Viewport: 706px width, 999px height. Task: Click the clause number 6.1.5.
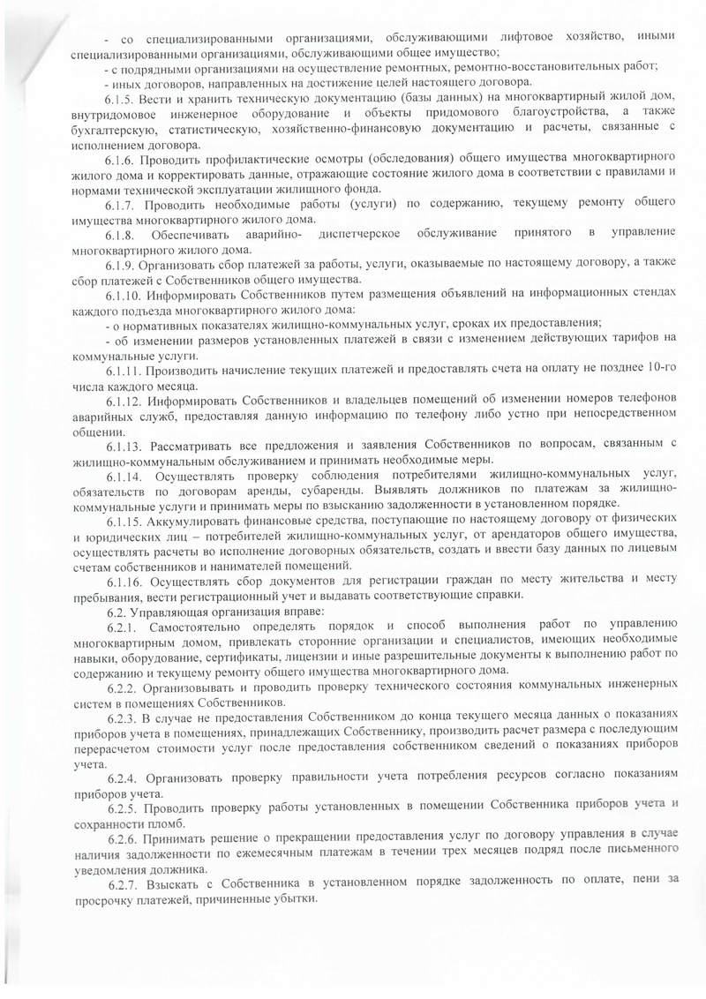[x=118, y=95]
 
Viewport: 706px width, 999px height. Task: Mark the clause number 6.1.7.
[x=118, y=204]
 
